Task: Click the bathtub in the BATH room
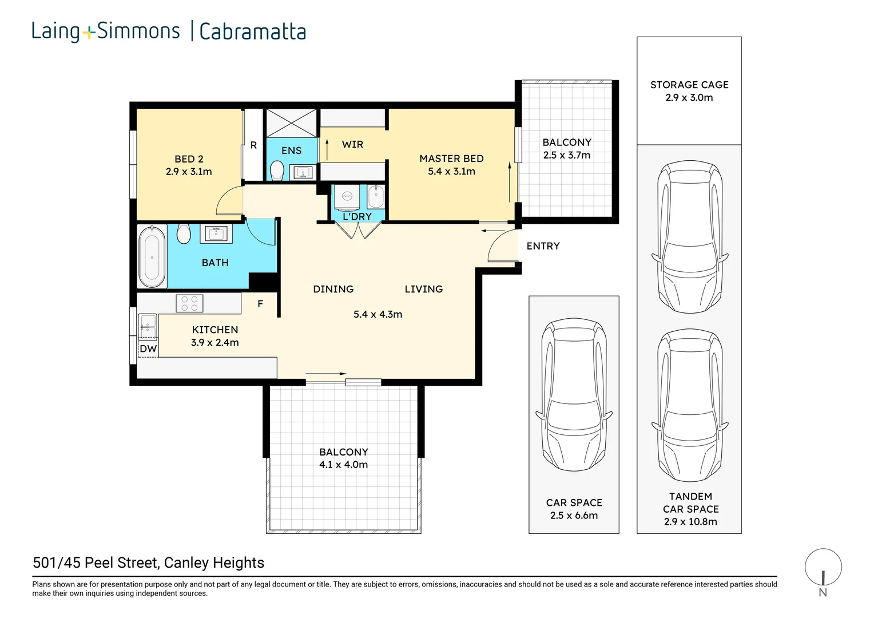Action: pos(152,256)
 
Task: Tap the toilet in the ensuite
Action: pos(277,171)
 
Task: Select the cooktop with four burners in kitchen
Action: pos(189,303)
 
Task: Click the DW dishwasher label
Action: pos(148,348)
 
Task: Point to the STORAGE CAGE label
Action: pos(689,85)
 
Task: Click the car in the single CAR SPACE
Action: pos(574,395)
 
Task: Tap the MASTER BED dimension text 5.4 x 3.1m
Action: pos(451,172)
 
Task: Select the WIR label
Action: pos(352,144)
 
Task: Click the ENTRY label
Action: pos(543,246)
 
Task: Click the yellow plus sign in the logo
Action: pos(89,33)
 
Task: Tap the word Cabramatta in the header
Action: pos(252,31)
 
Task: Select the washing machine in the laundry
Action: pos(347,197)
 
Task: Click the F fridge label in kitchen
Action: pos(260,304)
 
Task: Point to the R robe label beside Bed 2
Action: pos(253,145)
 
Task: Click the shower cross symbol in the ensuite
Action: pos(292,123)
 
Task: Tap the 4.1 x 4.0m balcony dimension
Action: pos(343,465)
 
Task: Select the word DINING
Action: pos(333,290)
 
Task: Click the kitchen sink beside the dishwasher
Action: pos(148,326)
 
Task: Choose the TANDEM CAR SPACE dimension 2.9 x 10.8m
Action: pos(690,521)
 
